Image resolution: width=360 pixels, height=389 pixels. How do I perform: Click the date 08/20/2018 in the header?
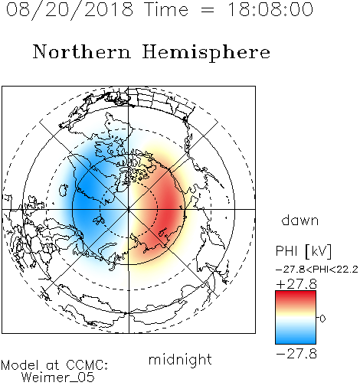(70, 10)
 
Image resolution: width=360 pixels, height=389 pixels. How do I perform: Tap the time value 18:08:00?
(270, 9)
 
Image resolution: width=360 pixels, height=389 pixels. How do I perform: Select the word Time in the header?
(166, 9)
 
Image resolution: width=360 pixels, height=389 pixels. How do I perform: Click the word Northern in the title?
(82, 51)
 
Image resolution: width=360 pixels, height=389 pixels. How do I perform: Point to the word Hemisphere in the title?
(206, 53)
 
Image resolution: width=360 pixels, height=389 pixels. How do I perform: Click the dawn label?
(300, 220)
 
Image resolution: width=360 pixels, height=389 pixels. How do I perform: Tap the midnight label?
(180, 359)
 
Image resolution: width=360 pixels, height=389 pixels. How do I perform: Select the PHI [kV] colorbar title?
(303, 251)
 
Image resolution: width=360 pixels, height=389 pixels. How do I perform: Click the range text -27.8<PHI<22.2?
(317, 270)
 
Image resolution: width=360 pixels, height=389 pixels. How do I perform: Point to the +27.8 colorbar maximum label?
(296, 284)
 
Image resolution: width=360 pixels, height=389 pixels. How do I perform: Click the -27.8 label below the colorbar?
(296, 354)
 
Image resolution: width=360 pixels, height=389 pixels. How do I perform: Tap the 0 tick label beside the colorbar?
(322, 319)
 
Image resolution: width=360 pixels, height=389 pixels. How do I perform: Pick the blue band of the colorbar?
(296, 336)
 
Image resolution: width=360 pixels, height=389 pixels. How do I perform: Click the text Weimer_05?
(58, 377)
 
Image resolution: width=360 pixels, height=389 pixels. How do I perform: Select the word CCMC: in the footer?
(87, 365)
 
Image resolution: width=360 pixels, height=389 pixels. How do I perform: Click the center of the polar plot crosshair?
(129, 209)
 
